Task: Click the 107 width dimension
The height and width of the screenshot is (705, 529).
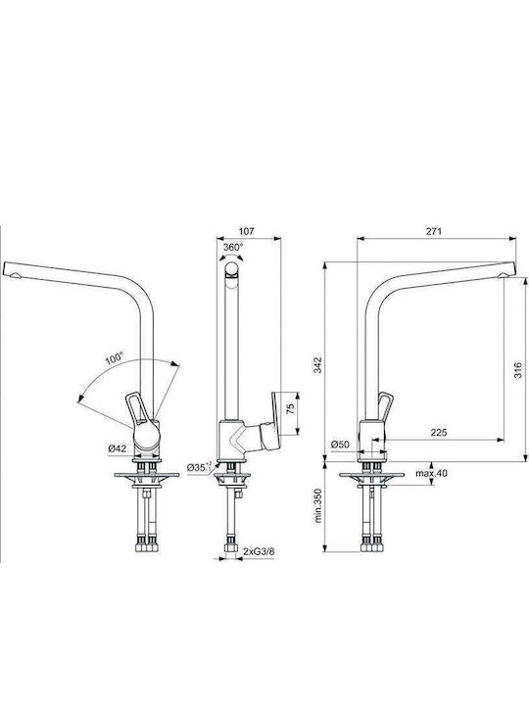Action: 246,231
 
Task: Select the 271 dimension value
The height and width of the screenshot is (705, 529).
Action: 434,231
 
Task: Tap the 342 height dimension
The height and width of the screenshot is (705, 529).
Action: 318,364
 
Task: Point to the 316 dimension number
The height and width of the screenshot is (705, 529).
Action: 518,369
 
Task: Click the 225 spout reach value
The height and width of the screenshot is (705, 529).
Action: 439,433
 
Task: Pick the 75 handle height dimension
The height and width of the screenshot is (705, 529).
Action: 291,408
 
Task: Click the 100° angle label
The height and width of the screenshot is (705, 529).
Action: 115,358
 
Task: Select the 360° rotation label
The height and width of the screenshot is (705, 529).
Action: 233,247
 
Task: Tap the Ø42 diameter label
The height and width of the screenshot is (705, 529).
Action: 118,448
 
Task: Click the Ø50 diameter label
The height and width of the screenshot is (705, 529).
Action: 340,445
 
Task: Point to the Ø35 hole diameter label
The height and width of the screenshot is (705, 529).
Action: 199,467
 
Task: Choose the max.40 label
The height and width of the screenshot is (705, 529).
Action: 431,473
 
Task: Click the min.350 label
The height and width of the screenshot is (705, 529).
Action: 318,505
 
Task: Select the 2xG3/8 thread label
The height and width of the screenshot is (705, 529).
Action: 259,551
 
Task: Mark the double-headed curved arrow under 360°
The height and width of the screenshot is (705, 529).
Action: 231,257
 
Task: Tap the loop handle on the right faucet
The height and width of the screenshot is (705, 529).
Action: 385,407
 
